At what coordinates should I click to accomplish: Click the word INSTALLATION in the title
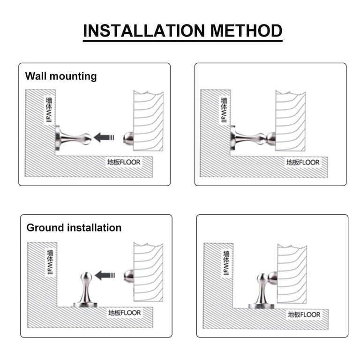point(144,31)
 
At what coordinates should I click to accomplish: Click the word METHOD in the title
point(246,31)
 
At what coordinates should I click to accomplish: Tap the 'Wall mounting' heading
point(61,76)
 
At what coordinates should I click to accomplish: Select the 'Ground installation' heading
point(74,228)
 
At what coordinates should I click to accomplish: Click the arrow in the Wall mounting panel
point(104,137)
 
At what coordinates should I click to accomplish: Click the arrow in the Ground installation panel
point(105,275)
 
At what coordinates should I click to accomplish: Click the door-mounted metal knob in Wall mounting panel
point(128,138)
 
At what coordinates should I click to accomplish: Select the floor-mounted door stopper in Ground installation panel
point(86,290)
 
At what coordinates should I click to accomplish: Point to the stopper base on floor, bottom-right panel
point(261,306)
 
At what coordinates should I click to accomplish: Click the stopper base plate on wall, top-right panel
point(233,138)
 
